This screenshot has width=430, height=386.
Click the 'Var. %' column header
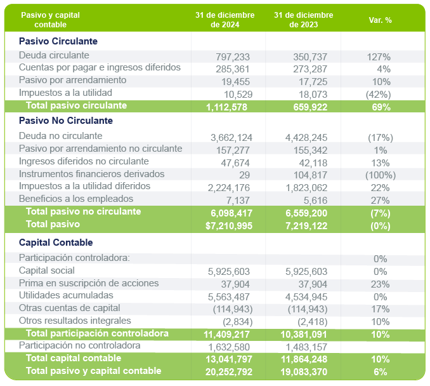(380, 20)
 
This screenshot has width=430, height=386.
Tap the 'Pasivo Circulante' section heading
(58, 41)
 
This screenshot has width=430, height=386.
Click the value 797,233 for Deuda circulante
(233, 57)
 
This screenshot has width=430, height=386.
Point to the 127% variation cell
(379, 57)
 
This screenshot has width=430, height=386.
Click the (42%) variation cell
(378, 95)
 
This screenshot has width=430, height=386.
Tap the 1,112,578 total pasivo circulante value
(228, 107)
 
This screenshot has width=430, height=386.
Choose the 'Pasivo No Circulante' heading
(66, 121)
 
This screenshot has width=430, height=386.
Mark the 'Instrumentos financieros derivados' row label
(92, 174)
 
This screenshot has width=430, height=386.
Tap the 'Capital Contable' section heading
(56, 243)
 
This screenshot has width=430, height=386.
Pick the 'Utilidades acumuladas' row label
(66, 296)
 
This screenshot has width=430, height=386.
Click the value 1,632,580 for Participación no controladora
(231, 347)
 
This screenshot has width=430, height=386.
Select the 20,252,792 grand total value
(228, 372)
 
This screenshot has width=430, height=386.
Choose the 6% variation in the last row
(380, 372)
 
